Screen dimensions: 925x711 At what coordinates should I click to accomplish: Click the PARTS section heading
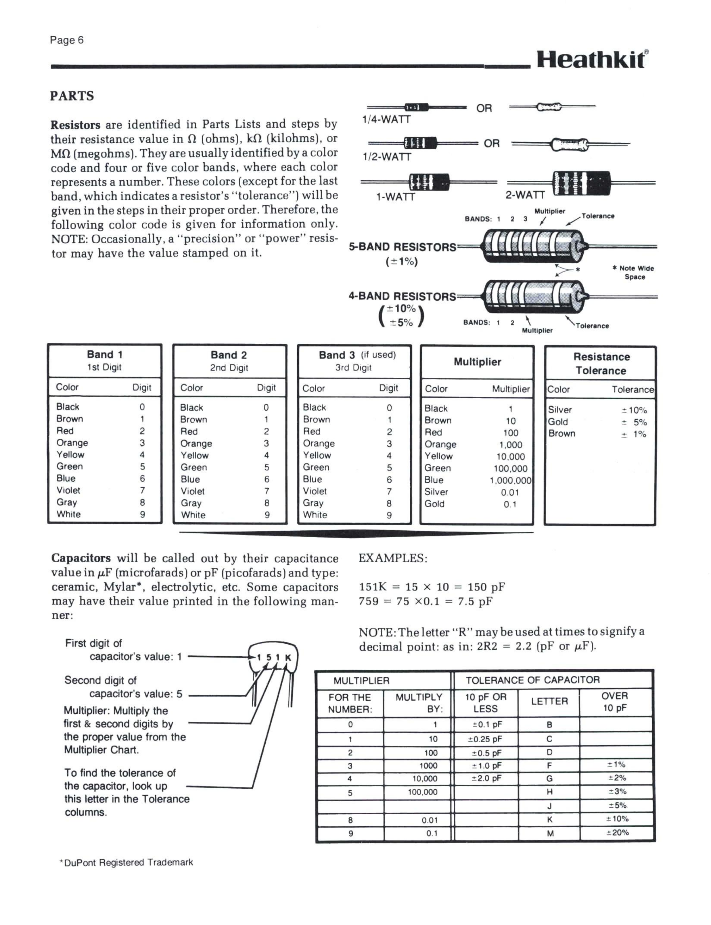(72, 96)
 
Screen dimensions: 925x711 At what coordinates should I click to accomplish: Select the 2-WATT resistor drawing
(582, 183)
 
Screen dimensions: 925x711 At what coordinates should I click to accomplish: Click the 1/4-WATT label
(386, 120)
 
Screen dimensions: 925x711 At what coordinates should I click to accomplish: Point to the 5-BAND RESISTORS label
(402, 247)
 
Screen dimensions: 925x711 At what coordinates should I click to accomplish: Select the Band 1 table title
(105, 355)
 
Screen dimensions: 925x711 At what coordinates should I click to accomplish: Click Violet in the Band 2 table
(193, 491)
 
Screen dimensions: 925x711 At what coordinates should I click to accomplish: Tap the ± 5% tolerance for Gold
(634, 422)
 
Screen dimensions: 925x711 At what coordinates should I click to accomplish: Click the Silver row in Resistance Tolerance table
(559, 410)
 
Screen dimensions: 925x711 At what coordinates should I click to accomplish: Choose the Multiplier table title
(477, 362)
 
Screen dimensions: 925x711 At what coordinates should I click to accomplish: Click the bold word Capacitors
(81, 558)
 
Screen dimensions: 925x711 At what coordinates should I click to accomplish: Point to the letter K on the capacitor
(288, 658)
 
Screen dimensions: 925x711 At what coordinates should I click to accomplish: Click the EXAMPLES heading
(393, 558)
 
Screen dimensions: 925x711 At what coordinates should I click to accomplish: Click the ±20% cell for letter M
(617, 833)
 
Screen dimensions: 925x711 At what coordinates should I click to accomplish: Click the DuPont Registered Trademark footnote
(127, 862)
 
